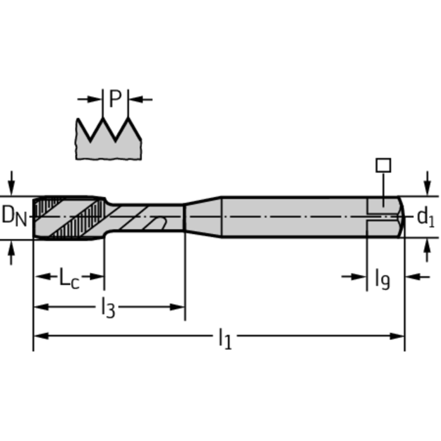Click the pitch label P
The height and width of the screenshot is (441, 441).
pyautogui.click(x=116, y=99)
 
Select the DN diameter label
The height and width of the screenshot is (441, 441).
pyautogui.click(x=14, y=216)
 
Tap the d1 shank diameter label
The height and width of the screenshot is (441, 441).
pyautogui.click(x=425, y=217)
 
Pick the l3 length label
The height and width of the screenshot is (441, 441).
pyautogui.click(x=108, y=309)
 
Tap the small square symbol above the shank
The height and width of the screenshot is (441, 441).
pyautogui.click(x=383, y=166)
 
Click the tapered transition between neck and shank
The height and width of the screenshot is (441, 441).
pyautogui.click(x=203, y=217)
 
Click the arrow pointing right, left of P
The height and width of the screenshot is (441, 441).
pyautogui.click(x=90, y=99)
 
